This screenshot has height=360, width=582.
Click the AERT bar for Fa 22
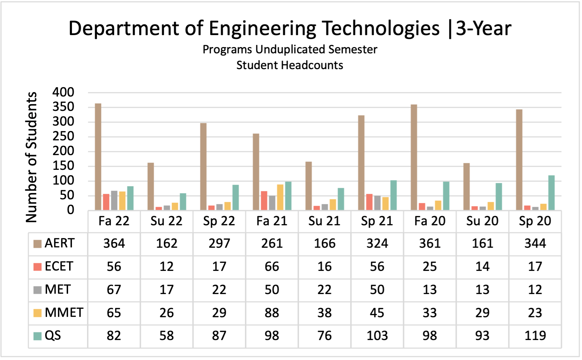click(x=98, y=157)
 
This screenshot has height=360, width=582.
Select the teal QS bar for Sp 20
click(x=551, y=193)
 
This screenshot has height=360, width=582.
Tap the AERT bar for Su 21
click(x=309, y=186)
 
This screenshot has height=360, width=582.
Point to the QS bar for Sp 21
click(x=394, y=195)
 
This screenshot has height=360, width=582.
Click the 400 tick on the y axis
click(x=63, y=92)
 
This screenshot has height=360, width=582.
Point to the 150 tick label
click(x=63, y=166)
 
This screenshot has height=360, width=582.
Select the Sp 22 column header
click(x=219, y=221)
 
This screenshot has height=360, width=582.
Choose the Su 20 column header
click(x=482, y=221)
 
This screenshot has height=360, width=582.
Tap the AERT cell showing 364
click(x=114, y=244)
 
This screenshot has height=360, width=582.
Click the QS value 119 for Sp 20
click(x=535, y=336)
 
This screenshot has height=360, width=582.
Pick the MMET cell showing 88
click(x=272, y=313)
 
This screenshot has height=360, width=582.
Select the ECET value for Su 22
click(x=167, y=267)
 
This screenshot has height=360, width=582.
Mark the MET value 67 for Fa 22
click(x=114, y=290)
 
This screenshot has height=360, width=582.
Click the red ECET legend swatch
click(x=38, y=267)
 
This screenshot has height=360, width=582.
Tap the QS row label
click(x=53, y=336)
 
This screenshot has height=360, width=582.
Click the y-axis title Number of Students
click(x=31, y=157)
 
